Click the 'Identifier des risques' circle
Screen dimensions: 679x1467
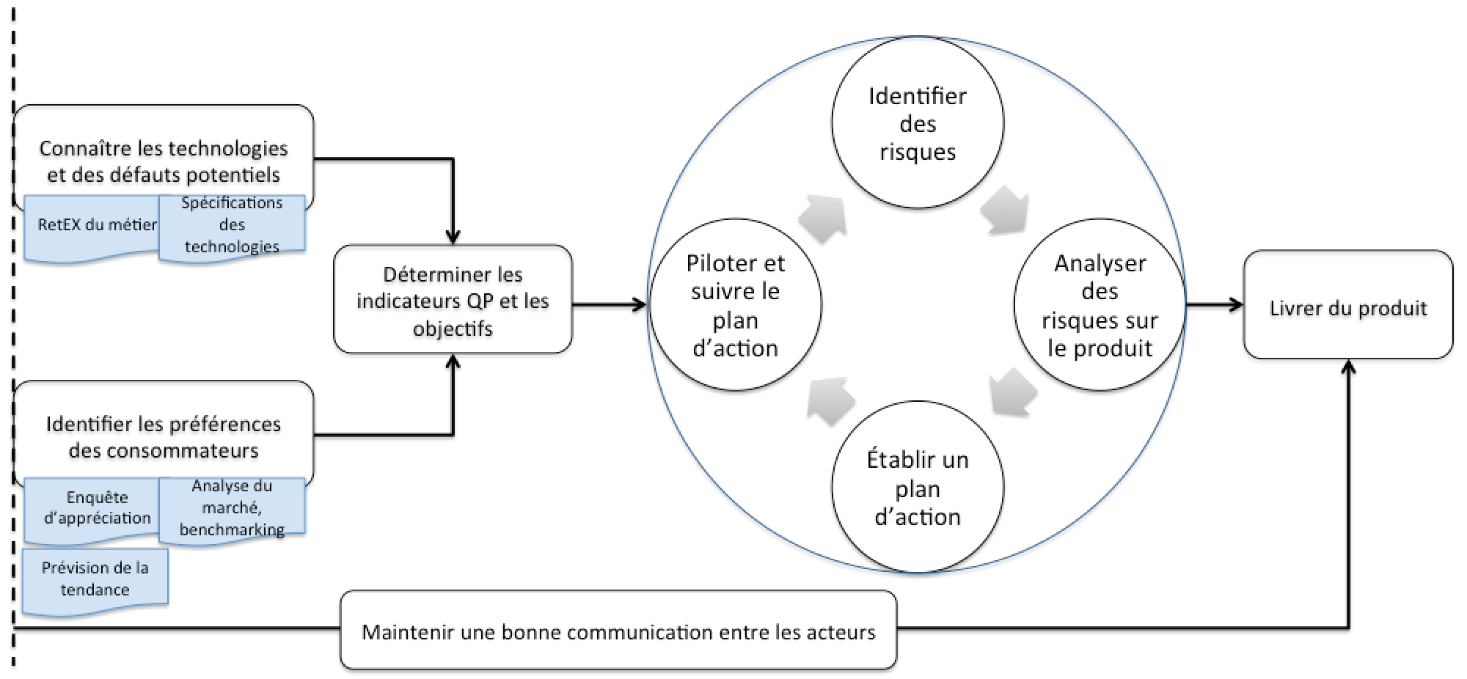point(917,123)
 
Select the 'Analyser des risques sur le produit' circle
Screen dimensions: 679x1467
point(1099,304)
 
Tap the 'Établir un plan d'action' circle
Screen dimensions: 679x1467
point(917,488)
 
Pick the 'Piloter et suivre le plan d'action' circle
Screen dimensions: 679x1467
point(735,304)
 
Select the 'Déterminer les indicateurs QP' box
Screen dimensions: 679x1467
point(453,300)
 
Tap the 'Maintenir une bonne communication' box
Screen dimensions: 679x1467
point(618,631)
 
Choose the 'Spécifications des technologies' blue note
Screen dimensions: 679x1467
point(232,225)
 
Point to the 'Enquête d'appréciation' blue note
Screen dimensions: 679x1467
point(95,509)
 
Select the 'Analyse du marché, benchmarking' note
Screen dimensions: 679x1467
point(232,508)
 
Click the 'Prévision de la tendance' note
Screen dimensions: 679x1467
point(95,579)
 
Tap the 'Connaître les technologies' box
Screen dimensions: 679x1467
point(163,160)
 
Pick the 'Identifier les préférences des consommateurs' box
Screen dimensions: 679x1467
point(163,436)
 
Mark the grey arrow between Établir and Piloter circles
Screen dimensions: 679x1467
point(830,400)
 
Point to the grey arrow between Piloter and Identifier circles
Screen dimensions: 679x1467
point(823,219)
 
